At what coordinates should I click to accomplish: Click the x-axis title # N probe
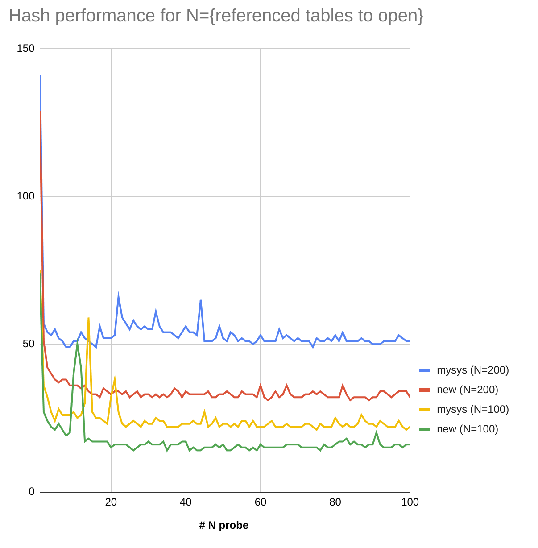223,525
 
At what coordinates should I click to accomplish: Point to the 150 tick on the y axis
25,48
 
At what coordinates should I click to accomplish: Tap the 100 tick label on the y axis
25,196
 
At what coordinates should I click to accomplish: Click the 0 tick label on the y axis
31,491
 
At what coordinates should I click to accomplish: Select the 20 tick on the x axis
111,502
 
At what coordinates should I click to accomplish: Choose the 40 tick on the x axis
186,502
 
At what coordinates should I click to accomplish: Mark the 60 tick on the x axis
261,502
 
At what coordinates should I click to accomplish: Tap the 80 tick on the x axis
335,502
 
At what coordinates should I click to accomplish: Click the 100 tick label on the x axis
410,502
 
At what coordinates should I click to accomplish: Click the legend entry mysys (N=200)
472,370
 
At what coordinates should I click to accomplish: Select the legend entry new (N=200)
467,390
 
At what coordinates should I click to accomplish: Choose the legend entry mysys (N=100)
472,409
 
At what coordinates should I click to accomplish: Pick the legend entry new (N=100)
467,429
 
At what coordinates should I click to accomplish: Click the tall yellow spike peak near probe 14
88,318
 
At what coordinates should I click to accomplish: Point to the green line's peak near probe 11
77,343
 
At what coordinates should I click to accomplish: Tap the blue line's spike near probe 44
201,300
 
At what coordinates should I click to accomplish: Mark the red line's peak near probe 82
343,385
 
